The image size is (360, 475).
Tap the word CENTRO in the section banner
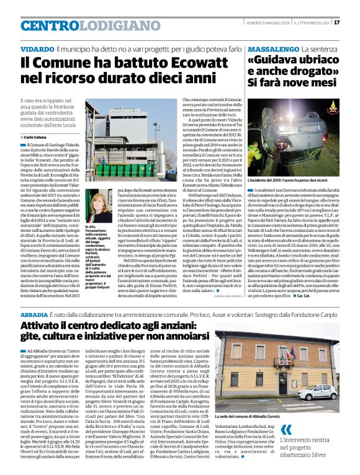(50, 26)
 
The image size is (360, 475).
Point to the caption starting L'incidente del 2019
(287, 179)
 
